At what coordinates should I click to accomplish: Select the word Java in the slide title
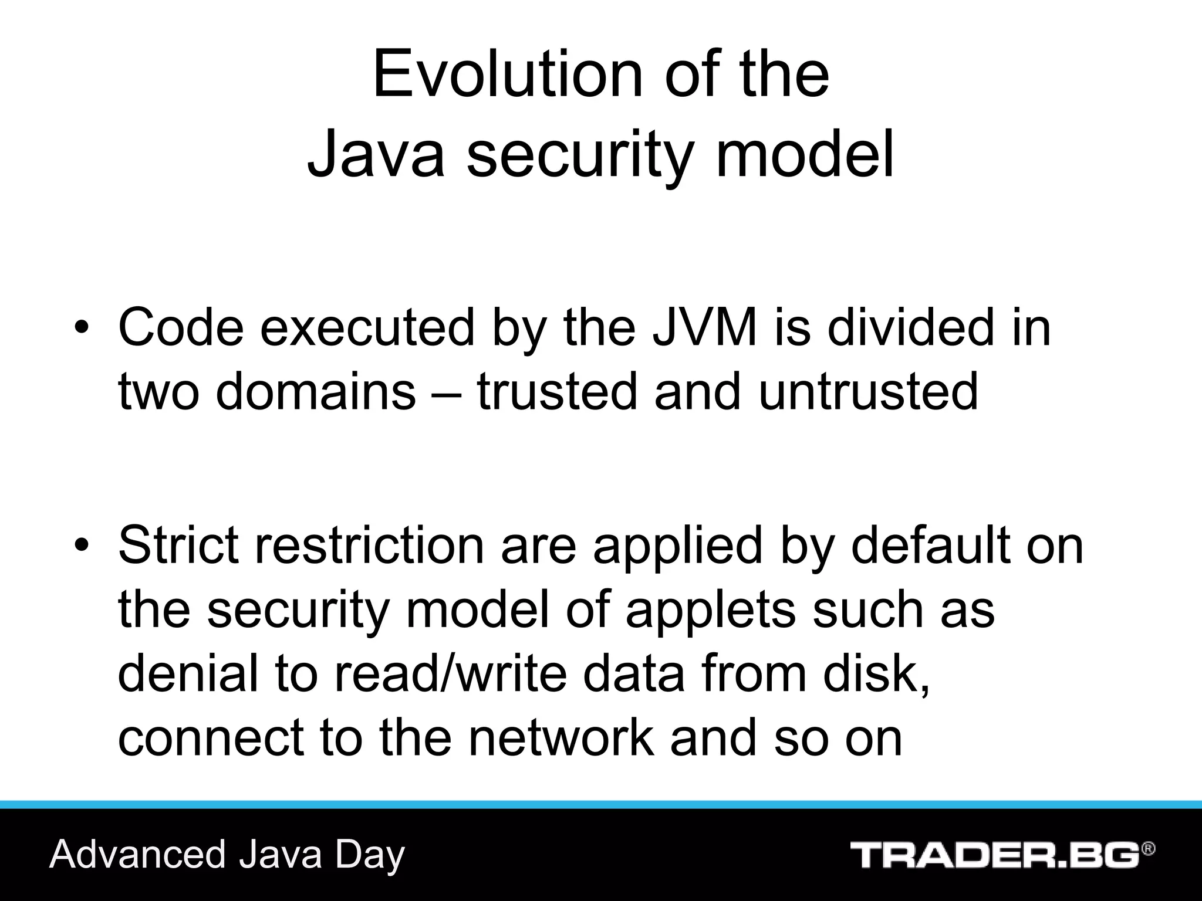376,154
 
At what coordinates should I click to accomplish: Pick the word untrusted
868,391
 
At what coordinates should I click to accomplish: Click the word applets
711,610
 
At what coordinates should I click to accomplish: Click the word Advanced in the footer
137,855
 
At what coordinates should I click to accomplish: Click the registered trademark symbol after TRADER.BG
1149,848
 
